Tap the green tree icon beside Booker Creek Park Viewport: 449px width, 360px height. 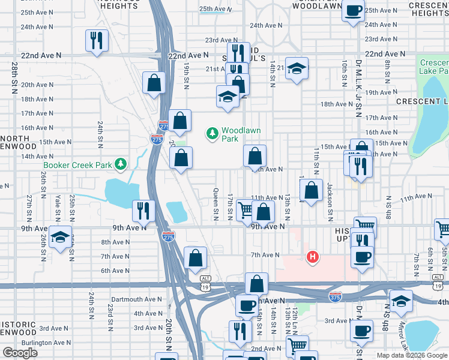[121, 163]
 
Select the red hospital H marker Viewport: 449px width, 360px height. [312, 257]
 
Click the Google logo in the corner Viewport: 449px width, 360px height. [20, 353]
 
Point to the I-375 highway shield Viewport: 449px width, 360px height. [335, 296]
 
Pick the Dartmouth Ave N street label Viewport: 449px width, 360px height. [137, 299]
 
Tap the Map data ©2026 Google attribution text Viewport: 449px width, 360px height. [411, 355]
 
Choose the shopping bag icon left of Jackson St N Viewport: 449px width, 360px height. [311, 192]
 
